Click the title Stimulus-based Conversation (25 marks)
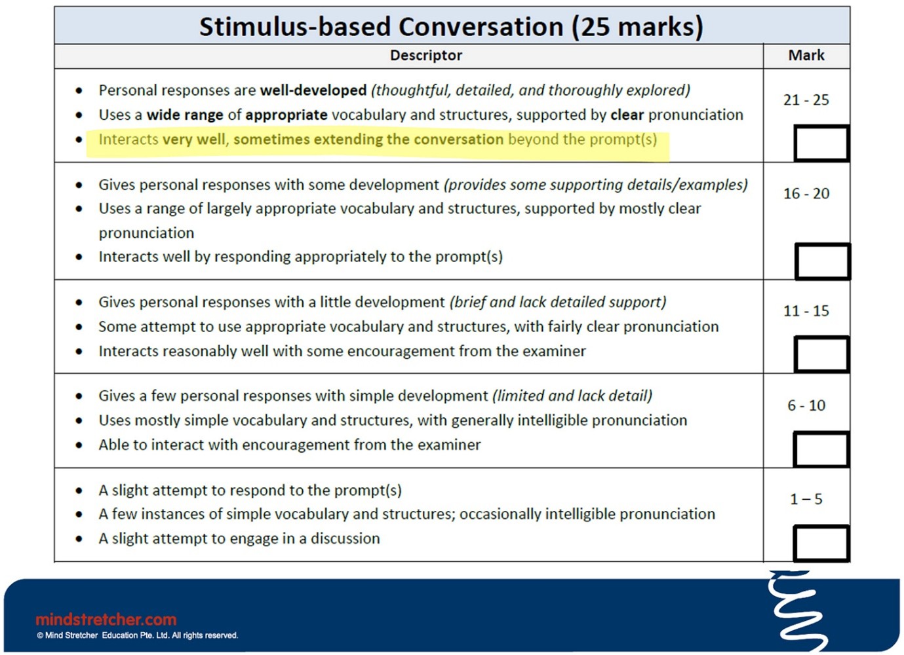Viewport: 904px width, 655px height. (x=451, y=27)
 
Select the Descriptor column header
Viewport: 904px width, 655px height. (x=425, y=55)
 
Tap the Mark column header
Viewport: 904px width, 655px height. (x=806, y=55)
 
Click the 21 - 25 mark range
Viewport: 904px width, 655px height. (x=806, y=100)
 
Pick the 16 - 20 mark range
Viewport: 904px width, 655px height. (x=806, y=194)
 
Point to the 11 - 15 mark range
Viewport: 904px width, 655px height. (x=806, y=311)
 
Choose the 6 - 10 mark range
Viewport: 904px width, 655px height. (x=806, y=405)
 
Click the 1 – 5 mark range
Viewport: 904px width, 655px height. (x=806, y=499)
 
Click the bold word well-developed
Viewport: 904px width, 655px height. (x=313, y=90)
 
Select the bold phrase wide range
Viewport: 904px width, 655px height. (x=185, y=115)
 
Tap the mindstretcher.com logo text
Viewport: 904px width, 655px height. (x=106, y=620)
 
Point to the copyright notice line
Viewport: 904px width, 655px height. (x=137, y=635)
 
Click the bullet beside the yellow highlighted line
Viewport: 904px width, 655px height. (x=79, y=140)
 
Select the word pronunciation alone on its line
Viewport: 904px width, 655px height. (x=146, y=233)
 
